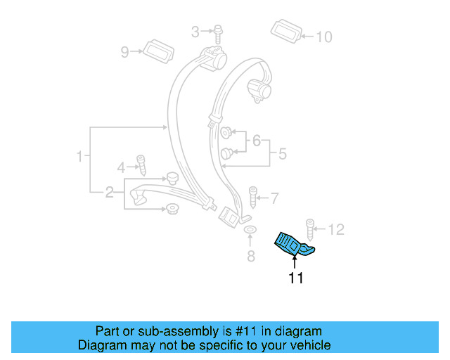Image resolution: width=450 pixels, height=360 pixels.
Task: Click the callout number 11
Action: click(x=295, y=278)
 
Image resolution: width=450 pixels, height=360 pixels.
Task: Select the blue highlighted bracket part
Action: click(x=293, y=244)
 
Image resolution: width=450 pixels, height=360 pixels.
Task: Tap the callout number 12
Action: click(x=337, y=229)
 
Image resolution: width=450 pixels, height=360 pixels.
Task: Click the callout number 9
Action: click(x=126, y=51)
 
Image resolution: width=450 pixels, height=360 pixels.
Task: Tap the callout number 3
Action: click(x=196, y=30)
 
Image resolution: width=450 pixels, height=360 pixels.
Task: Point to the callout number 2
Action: click(x=110, y=192)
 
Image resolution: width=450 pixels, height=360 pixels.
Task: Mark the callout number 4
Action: click(x=121, y=167)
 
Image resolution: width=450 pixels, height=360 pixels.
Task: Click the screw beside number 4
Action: click(x=141, y=165)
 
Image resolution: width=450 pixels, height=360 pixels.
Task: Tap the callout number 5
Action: click(x=282, y=153)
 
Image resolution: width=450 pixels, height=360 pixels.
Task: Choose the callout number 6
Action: click(x=257, y=141)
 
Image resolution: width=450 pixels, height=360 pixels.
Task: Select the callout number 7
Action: click(x=275, y=198)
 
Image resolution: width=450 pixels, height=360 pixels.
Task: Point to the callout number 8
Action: click(x=251, y=256)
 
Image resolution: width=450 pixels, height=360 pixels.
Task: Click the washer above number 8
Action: click(x=250, y=231)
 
